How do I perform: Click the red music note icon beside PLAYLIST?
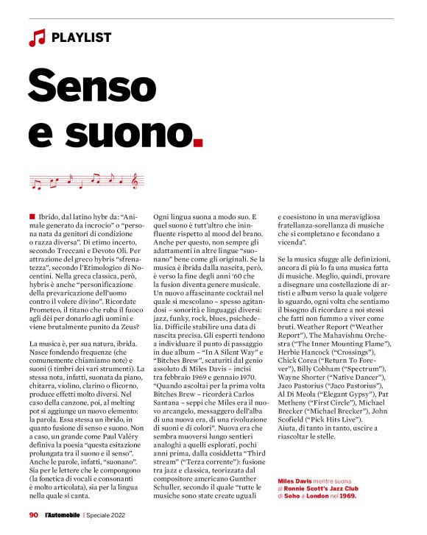(x=37, y=37)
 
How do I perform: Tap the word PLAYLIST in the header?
(x=82, y=37)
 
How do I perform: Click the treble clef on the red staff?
(x=134, y=180)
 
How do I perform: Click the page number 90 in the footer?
(x=33, y=515)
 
